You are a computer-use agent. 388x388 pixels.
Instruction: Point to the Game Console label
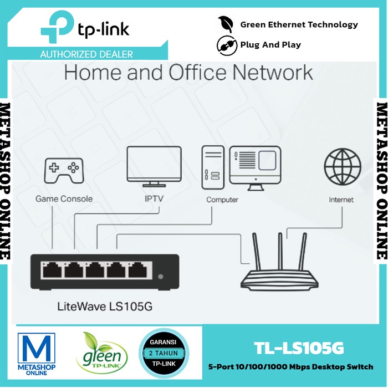[x=64, y=198]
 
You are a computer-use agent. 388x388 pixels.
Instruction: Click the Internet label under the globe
[x=341, y=199]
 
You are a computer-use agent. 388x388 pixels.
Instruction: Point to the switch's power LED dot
[x=161, y=276]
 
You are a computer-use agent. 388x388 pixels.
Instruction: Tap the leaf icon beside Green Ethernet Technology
[x=225, y=24]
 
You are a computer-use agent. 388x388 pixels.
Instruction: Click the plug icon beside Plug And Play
[x=225, y=44]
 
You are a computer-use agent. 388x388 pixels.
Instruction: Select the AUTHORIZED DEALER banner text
[x=86, y=54]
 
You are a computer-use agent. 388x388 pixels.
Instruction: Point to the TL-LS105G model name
[x=299, y=348]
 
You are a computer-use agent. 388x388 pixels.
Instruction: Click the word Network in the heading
[x=271, y=72]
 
